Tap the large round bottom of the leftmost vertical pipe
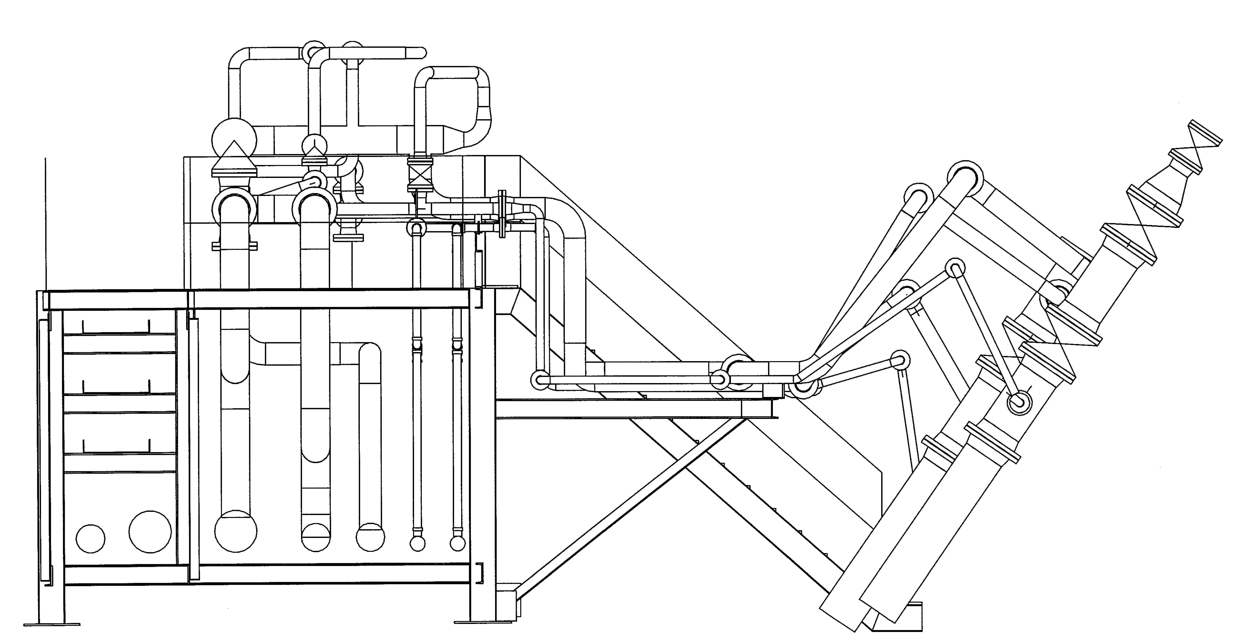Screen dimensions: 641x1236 [236, 531]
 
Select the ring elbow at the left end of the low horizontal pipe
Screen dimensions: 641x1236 [540, 380]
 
